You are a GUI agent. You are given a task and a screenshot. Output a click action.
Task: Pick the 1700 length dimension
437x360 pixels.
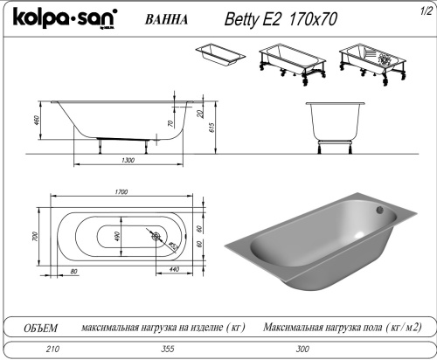tap(121, 192)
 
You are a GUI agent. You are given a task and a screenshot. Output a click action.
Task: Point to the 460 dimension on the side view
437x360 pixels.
tap(37, 120)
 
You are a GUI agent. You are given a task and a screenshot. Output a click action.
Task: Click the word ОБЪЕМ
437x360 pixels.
tap(38, 328)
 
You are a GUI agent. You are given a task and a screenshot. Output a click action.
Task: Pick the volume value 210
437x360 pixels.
tap(39, 349)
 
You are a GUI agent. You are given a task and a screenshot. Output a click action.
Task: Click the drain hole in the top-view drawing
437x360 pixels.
tap(157, 237)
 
